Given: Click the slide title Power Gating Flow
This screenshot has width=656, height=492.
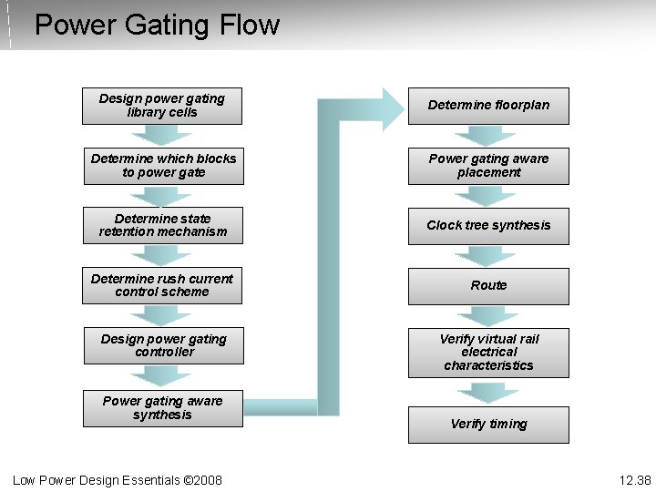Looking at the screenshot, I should (157, 25).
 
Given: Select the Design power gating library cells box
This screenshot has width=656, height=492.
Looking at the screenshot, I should (162, 106).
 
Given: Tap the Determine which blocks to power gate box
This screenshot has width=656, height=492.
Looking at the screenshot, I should (164, 166).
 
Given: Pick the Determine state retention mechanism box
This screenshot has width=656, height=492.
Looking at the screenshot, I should (163, 226).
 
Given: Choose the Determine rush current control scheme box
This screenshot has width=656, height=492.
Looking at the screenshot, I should (163, 286).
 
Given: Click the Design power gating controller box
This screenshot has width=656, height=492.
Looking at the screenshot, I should (164, 345).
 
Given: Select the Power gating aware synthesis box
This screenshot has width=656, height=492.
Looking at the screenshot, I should (163, 408).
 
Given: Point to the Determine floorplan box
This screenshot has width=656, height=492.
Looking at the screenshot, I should (488, 106).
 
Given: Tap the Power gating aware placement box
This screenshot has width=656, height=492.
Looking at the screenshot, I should (488, 166).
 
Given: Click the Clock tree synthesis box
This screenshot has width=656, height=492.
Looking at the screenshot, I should (488, 226).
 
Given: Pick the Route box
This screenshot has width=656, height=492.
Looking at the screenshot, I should (488, 286).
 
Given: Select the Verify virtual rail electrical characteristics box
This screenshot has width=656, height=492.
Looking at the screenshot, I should (488, 353).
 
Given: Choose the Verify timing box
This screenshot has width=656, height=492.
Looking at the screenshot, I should (488, 425).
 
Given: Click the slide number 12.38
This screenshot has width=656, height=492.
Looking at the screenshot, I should (635, 480).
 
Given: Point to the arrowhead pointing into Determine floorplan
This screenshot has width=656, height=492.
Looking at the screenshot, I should (392, 108).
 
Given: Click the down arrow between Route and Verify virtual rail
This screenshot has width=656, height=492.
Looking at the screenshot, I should (487, 316).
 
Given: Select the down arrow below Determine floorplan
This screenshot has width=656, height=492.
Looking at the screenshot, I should (487, 136).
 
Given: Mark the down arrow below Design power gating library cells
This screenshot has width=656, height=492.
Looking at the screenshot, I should (162, 136).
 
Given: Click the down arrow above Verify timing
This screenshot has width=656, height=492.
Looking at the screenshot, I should (487, 393).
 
